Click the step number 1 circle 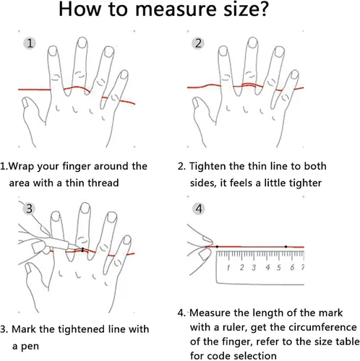(x=30, y=43)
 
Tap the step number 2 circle (x=198, y=43)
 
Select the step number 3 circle (x=29, y=209)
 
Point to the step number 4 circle (x=198, y=209)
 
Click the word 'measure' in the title (x=176, y=9)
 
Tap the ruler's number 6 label (x=292, y=267)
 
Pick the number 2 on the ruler (x=242, y=267)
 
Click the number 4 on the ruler (x=267, y=267)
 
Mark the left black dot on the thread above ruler (x=217, y=247)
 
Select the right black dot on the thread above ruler (x=286, y=247)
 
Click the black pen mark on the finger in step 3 (x=82, y=250)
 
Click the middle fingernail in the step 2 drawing (x=253, y=43)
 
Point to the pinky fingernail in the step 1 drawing (x=124, y=74)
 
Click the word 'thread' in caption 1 (x=103, y=183)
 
